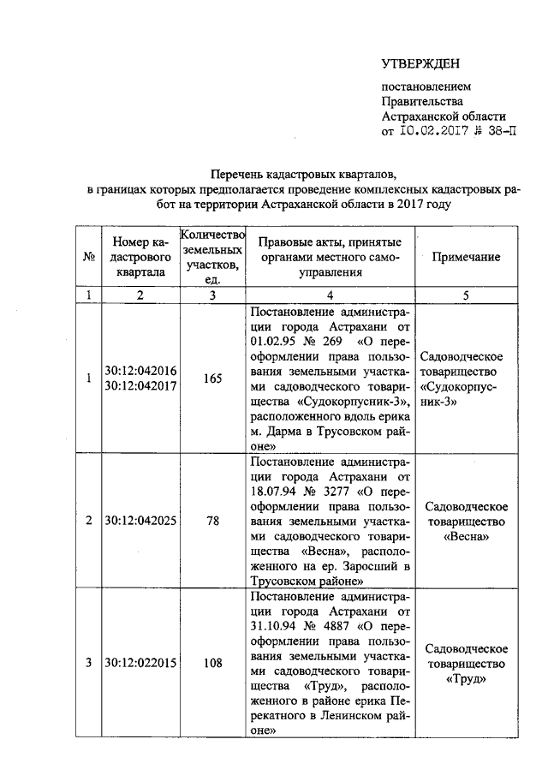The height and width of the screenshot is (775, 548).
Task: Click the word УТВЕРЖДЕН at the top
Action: pyautogui.click(x=420, y=63)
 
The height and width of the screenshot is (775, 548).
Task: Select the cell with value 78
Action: pyautogui.click(x=212, y=520)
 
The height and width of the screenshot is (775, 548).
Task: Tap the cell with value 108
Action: pyautogui.click(x=212, y=662)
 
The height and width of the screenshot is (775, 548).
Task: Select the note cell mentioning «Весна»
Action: pyautogui.click(x=468, y=520)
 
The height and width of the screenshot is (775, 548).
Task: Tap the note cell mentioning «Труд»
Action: pyautogui.click(x=468, y=662)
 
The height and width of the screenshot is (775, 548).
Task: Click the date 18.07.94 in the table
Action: pyautogui.click(x=275, y=490)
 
